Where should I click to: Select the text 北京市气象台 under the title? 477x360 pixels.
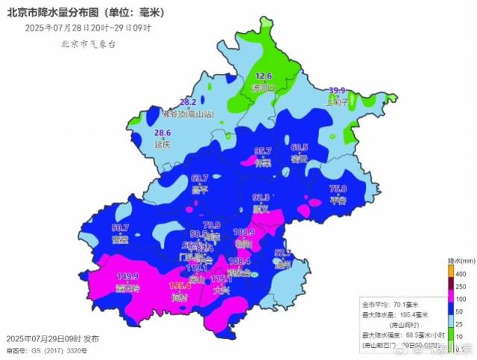[89, 44]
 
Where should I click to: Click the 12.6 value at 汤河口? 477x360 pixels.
[265, 76]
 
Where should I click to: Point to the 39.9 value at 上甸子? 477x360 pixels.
[338, 90]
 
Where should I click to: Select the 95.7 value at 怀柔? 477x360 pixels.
[263, 151]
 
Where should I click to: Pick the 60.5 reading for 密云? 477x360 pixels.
[300, 148]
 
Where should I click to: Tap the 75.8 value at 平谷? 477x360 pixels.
[338, 189]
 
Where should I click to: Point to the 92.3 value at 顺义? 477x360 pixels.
[262, 198]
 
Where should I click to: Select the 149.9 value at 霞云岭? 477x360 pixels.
[127, 277]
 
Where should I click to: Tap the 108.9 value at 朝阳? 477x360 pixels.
[244, 233]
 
